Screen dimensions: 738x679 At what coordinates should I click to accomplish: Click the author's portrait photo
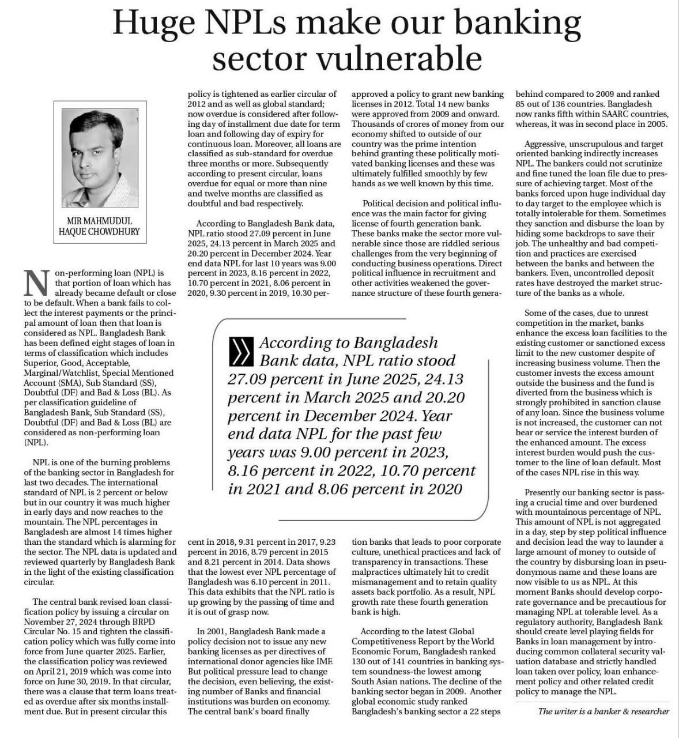(x=101, y=155)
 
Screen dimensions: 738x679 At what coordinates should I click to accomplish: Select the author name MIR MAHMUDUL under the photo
(x=99, y=221)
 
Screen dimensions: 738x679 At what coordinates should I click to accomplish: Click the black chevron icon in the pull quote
(x=240, y=351)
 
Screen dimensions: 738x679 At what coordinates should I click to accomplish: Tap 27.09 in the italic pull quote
(x=251, y=379)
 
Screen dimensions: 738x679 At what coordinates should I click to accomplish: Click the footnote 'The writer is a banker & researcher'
(x=603, y=711)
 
